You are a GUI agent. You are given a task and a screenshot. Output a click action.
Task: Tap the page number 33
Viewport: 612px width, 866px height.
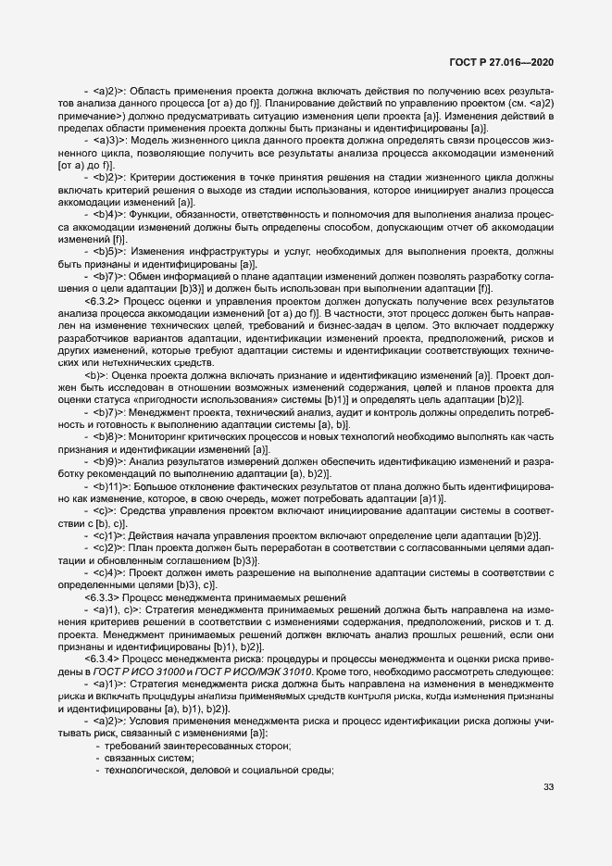click(x=548, y=787)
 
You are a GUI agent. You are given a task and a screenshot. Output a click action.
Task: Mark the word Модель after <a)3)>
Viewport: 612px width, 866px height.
click(x=152, y=140)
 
